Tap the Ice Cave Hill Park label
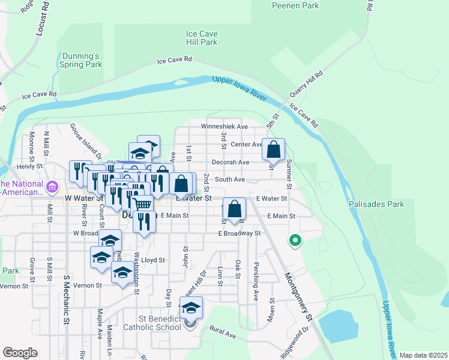click(x=201, y=38)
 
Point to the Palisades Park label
click(x=376, y=204)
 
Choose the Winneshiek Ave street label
click(x=224, y=127)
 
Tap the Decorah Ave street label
click(x=230, y=162)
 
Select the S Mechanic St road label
click(x=66, y=300)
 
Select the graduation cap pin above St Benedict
click(x=191, y=308)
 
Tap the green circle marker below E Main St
click(x=295, y=241)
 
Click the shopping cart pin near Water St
click(x=142, y=205)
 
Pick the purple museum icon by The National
click(x=52, y=187)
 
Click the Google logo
click(x=20, y=353)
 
